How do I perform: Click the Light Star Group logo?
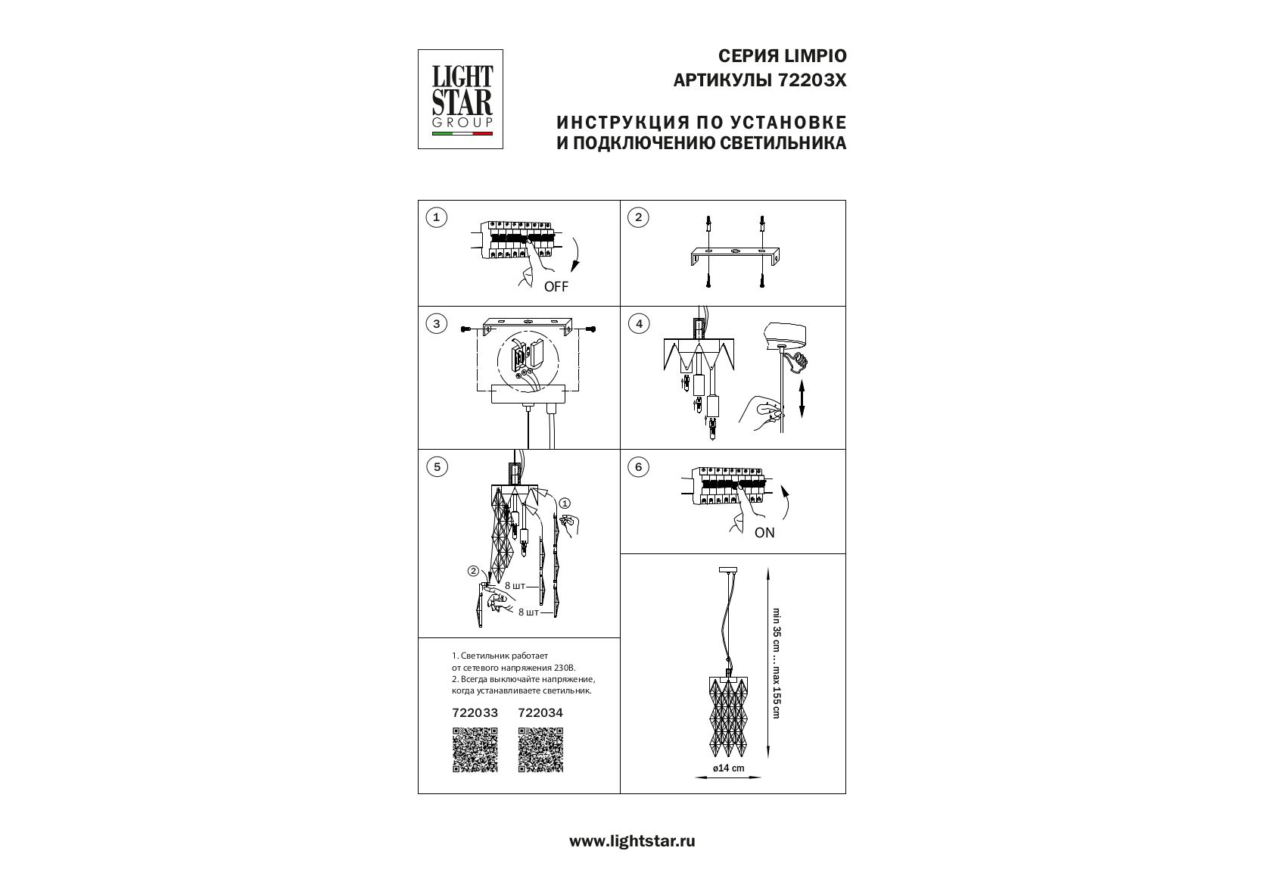460,99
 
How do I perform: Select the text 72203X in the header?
812,81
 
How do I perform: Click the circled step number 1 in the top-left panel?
436,217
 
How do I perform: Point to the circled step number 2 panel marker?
638,217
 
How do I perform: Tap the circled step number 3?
436,324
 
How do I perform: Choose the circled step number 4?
639,324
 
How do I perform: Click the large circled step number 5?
437,467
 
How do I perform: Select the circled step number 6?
638,467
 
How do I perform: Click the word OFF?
556,287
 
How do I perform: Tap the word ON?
764,533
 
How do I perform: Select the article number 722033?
475,713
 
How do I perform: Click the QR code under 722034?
540,749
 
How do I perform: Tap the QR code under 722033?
475,749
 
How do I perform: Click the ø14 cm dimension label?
728,768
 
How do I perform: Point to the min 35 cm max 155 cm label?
777,663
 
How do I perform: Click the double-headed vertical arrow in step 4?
802,399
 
